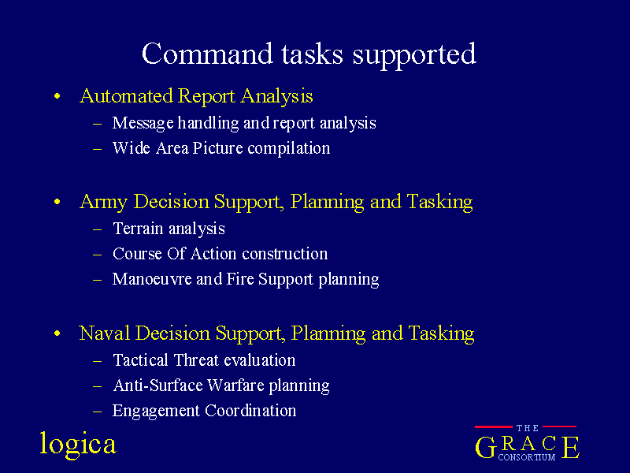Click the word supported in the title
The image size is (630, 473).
click(x=414, y=56)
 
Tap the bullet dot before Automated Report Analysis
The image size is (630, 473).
click(x=57, y=96)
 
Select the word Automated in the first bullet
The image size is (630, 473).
click(x=126, y=95)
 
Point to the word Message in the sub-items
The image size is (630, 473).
click(x=143, y=123)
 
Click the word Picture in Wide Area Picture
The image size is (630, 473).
click(x=218, y=148)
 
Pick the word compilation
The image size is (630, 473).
click(x=289, y=148)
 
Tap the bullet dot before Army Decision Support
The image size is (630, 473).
click(x=57, y=202)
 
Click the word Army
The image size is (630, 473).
click(x=104, y=202)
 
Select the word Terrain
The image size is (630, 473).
click(x=139, y=229)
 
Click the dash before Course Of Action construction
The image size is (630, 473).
click(x=97, y=255)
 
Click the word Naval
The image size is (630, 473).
click(x=105, y=333)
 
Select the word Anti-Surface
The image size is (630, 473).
click(x=158, y=385)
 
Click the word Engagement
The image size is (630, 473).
click(x=156, y=411)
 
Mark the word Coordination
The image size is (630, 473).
click(x=250, y=411)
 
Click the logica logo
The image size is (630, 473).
click(x=78, y=445)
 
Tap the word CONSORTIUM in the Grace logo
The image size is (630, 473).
click(x=527, y=457)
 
